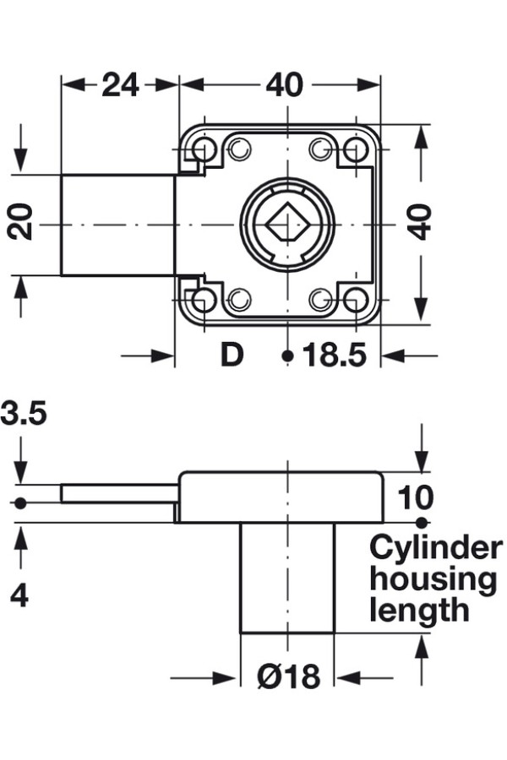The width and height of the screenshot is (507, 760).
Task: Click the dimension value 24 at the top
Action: tap(120, 84)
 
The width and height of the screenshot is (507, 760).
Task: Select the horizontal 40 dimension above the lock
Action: tap(284, 84)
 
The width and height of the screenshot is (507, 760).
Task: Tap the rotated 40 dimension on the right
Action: tap(420, 222)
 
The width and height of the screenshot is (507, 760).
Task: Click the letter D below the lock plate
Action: tap(231, 356)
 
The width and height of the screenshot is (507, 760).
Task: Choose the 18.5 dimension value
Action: tap(335, 356)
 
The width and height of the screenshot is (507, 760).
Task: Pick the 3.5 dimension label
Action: tap(24, 414)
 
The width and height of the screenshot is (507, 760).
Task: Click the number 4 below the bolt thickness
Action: tap(19, 595)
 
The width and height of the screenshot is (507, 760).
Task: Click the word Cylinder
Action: tap(435, 549)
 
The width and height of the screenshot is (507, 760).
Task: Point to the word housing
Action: tap(433, 579)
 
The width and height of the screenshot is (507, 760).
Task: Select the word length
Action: tap(419, 609)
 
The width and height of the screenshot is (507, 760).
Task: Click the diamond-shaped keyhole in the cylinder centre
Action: tap(287, 225)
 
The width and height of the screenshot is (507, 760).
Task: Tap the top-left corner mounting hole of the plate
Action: tap(203, 150)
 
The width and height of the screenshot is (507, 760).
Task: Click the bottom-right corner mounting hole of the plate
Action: tap(356, 299)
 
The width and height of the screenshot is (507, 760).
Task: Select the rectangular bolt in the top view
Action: tap(118, 225)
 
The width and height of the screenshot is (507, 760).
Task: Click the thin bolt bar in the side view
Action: tap(118, 493)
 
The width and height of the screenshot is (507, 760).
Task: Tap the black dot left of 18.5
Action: tap(287, 356)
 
